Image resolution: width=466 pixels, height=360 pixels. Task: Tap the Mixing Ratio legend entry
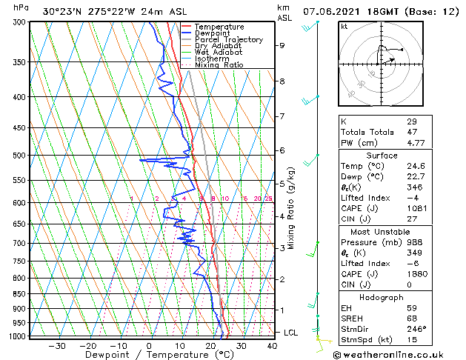219,65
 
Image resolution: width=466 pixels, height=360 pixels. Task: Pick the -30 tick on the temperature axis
56,345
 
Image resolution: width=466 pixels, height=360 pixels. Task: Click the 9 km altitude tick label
282,45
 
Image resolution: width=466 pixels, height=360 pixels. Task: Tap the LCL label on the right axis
291,333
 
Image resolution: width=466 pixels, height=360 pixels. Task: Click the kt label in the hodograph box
344,27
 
